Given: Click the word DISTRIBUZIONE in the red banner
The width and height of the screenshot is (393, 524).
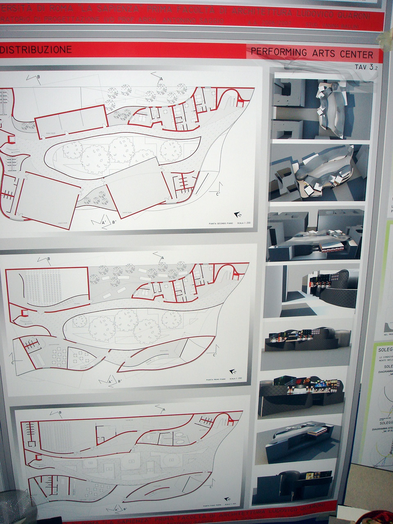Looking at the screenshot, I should click(36, 50).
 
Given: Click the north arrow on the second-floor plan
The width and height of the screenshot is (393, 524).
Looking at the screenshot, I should click(237, 214).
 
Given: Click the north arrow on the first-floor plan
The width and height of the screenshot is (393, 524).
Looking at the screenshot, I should click(233, 371).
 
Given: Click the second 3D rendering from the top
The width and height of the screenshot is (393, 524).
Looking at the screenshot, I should click(319, 173).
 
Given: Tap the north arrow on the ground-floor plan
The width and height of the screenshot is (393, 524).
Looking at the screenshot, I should click(227, 500).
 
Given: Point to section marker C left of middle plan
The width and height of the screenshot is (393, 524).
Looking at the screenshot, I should click(14, 363).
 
